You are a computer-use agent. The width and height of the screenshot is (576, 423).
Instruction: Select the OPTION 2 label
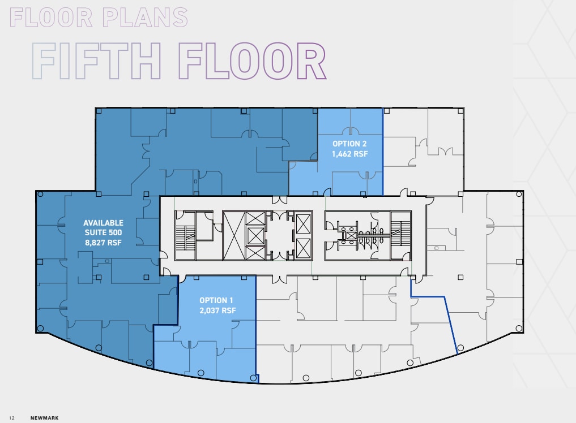[x=349, y=144]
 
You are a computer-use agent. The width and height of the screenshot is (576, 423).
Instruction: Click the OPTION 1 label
[x=216, y=300]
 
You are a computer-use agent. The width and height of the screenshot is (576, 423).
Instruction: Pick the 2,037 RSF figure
[x=216, y=310]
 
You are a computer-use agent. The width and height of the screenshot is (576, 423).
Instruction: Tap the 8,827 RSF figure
[x=103, y=243]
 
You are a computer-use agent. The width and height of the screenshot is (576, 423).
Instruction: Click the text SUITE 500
[x=103, y=232]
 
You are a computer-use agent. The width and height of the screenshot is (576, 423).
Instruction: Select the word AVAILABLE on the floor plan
[x=103, y=223]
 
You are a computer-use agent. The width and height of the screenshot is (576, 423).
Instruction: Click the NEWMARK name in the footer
[x=45, y=418]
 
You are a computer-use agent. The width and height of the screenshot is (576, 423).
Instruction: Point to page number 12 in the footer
[x=11, y=418]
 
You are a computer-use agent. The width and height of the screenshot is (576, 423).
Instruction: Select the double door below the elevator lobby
[x=278, y=278]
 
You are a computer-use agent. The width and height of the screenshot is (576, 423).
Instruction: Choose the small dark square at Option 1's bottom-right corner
[x=257, y=378]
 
